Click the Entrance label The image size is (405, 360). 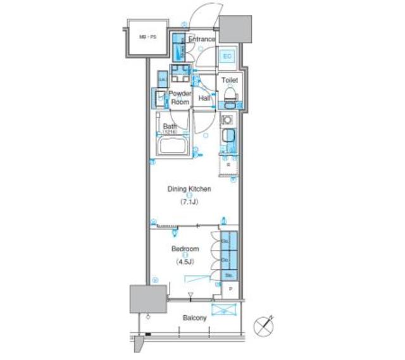202,39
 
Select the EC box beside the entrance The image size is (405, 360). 227,56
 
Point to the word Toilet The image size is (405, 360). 228,80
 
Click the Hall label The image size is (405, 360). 204,99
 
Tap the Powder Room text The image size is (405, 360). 180,97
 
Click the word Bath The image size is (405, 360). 170,127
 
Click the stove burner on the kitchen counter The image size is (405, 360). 227,119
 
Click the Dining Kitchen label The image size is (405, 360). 189,189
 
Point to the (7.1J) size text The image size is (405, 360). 189,202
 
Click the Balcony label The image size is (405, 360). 195,318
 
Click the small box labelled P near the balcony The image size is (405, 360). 230,289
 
